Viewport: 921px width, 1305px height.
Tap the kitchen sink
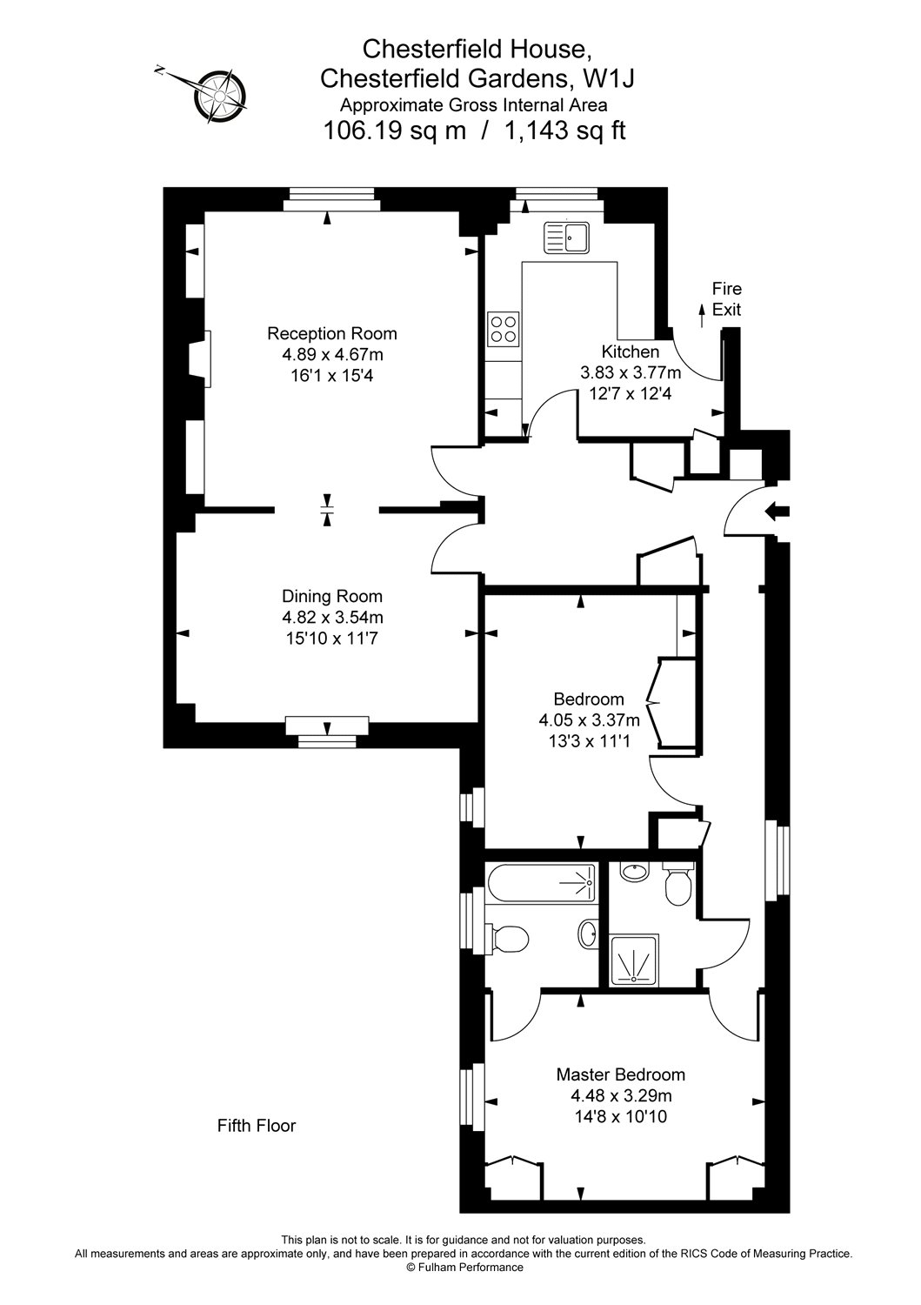[x=566, y=238]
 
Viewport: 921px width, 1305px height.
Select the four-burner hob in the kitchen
[x=504, y=329]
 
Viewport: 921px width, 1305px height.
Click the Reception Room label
[x=331, y=334]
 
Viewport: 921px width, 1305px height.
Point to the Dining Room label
[x=332, y=596]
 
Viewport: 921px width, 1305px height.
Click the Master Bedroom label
[x=620, y=1074]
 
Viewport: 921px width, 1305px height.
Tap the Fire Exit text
[x=726, y=299]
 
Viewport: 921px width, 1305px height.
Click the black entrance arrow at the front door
[x=778, y=512]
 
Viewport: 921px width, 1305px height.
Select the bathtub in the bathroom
[x=541, y=883]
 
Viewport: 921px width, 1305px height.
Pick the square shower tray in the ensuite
[x=634, y=960]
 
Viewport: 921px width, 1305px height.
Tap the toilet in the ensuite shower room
[x=677, y=886]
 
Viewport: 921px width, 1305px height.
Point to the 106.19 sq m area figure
[x=394, y=130]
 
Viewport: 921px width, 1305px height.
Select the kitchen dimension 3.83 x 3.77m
[x=631, y=372]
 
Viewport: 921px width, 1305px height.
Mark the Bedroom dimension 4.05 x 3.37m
[x=589, y=720]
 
